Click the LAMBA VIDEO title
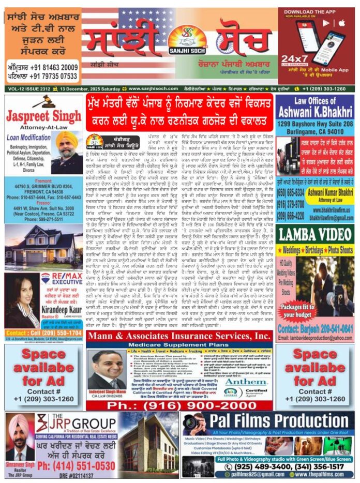(x=314, y=234)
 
